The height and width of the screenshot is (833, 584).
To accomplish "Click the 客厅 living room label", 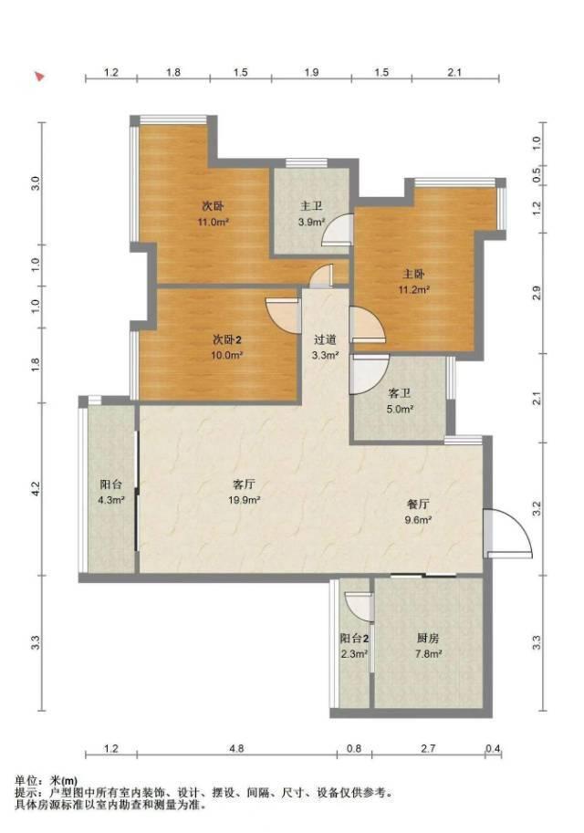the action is coord(245,484).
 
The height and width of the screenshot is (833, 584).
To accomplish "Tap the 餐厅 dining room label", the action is coord(418,505).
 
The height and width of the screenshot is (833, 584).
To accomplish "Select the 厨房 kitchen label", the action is coord(428,639).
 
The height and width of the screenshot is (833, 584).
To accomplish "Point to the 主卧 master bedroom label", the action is coord(413,275).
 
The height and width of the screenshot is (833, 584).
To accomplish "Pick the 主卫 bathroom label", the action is coord(311,206).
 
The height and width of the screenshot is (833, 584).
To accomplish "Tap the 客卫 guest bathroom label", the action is coord(400,393).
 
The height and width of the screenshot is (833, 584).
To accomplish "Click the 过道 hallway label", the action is coord(325,339).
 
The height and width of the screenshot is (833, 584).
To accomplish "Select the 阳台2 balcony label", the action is coord(354,639).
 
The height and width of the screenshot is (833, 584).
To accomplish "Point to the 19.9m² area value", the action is coord(245,500).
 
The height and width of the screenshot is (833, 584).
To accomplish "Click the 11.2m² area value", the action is coord(414,290).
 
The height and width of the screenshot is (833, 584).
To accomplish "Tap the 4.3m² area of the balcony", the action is coord(111,500).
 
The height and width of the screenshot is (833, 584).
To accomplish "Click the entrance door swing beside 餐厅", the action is coord(508,534).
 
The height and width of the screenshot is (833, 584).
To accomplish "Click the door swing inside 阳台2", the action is coord(359,607).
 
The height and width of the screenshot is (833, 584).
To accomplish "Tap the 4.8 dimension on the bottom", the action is coord(236,748).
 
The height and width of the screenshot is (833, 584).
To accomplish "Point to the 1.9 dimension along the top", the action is coord(311,72).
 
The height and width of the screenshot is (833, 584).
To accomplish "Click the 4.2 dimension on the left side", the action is coord(35,489).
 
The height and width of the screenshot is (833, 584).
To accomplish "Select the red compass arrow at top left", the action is coord(39,77).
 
